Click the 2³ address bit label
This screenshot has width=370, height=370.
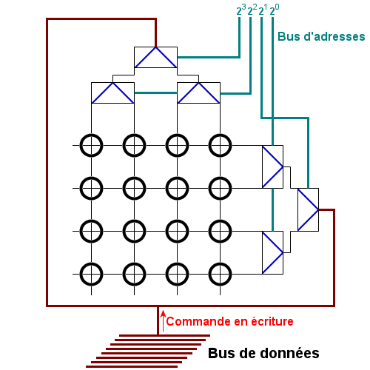pyautogui.click(x=241, y=10)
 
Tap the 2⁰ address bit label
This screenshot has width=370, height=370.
pyautogui.click(x=275, y=10)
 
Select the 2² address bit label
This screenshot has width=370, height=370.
pyautogui.click(x=252, y=10)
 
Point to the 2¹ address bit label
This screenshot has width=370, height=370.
pyautogui.click(x=263, y=10)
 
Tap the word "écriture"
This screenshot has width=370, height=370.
pyautogui.click(x=272, y=321)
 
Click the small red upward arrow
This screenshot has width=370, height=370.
pyautogui.click(x=163, y=321)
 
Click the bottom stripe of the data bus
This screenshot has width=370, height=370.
pyautogui.click(x=132, y=367)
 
